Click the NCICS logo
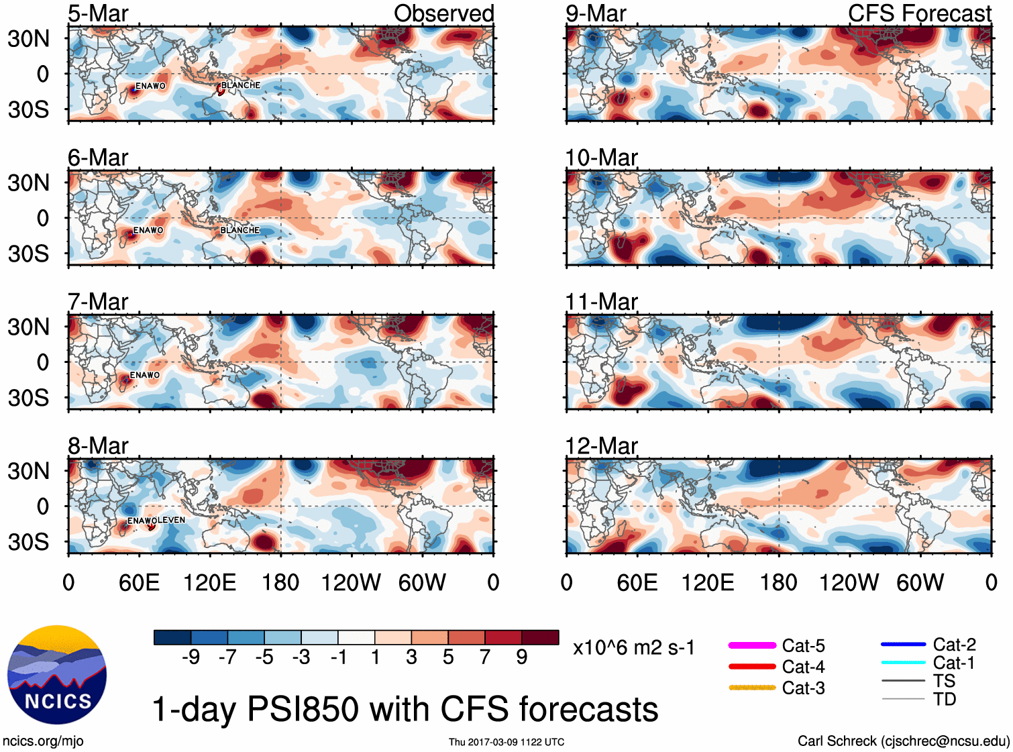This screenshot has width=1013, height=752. click(57, 675)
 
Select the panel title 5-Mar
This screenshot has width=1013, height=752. click(98, 13)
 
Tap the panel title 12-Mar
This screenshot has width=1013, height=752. click(601, 446)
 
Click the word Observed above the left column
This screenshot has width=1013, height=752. click(443, 13)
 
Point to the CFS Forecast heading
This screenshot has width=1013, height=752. click(919, 13)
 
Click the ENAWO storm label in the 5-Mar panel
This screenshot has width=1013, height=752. click(150, 86)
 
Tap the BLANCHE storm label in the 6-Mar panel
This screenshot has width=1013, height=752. click(239, 230)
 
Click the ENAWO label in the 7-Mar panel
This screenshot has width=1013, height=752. click(145, 375)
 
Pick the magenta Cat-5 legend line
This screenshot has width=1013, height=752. click(752, 645)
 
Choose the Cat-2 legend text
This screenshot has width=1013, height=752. click(954, 645)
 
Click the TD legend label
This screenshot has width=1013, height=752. click(945, 699)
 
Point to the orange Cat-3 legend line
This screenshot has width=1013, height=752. click(752, 688)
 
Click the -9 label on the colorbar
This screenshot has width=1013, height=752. click(191, 657)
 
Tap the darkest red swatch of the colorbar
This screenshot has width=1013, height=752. click(540, 637)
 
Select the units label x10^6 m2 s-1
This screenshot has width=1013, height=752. click(633, 648)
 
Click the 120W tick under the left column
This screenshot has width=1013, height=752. click(351, 582)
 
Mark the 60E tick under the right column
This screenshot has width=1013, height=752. click(637, 582)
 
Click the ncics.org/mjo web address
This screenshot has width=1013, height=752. click(43, 741)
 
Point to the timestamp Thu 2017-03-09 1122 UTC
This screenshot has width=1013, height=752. click(507, 742)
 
